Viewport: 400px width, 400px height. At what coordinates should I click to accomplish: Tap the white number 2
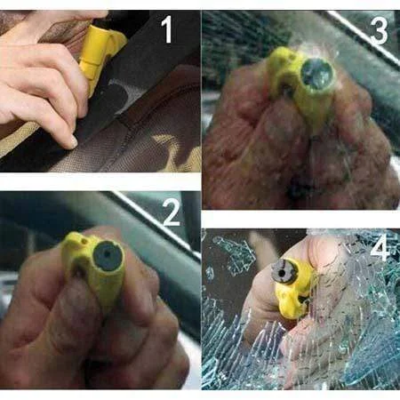pos(170,214)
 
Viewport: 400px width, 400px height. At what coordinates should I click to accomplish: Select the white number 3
pos(379,31)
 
